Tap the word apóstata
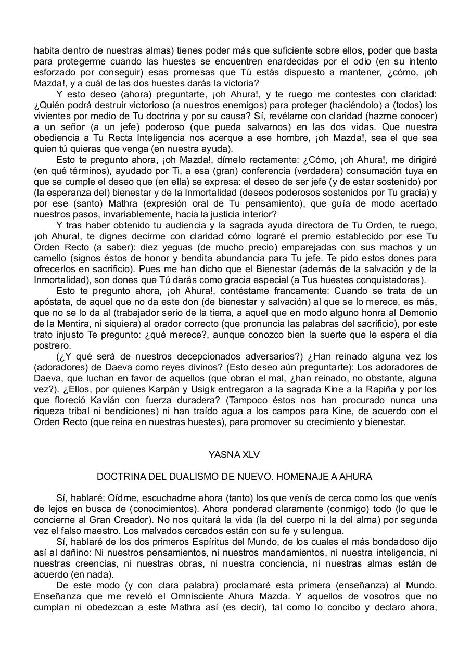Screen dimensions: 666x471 pyautogui.click(x=52, y=301)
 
